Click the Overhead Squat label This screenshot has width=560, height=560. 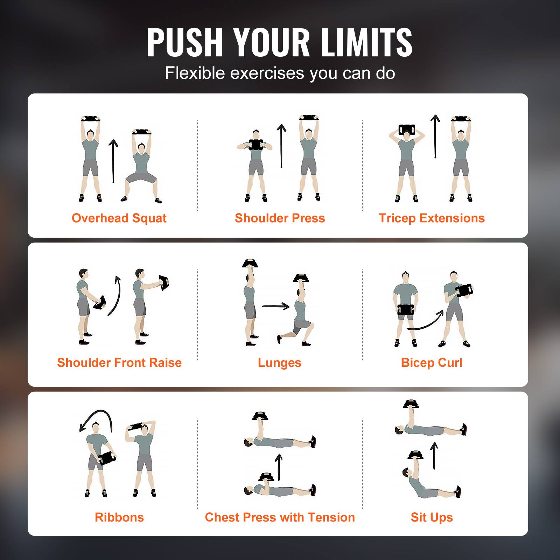[119, 218]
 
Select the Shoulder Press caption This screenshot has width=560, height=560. [280, 218]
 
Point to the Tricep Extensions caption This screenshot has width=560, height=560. [432, 218]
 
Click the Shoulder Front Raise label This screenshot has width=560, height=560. [119, 363]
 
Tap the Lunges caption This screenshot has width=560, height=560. [279, 363]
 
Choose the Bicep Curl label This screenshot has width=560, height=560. [432, 363]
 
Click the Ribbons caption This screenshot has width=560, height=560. [119, 517]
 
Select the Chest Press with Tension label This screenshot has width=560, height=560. [280, 517]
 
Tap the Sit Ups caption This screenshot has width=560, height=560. [432, 517]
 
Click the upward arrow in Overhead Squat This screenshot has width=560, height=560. [113, 161]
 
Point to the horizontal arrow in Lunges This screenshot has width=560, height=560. [275, 307]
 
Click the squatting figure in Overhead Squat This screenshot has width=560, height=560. [141, 168]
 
